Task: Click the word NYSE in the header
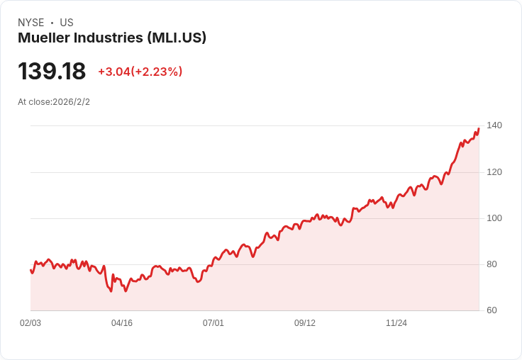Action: [x=31, y=23]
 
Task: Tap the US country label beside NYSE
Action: [x=67, y=23]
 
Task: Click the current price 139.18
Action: [x=52, y=72]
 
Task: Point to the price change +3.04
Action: [x=113, y=72]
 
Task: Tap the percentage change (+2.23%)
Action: [x=157, y=72]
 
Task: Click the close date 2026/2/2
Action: [x=71, y=102]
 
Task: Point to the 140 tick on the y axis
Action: [x=494, y=125]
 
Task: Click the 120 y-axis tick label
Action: [x=494, y=172]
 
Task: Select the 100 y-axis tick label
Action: [x=494, y=218]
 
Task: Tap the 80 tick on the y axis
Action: [x=492, y=264]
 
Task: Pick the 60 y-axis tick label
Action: [x=492, y=310]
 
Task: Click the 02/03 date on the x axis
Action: [x=30, y=323]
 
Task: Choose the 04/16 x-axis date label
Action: [x=122, y=323]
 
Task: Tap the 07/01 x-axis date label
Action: [x=213, y=323]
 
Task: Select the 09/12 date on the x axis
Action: [x=305, y=323]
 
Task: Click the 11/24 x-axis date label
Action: [x=396, y=323]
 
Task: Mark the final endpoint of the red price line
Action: [x=479, y=128]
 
